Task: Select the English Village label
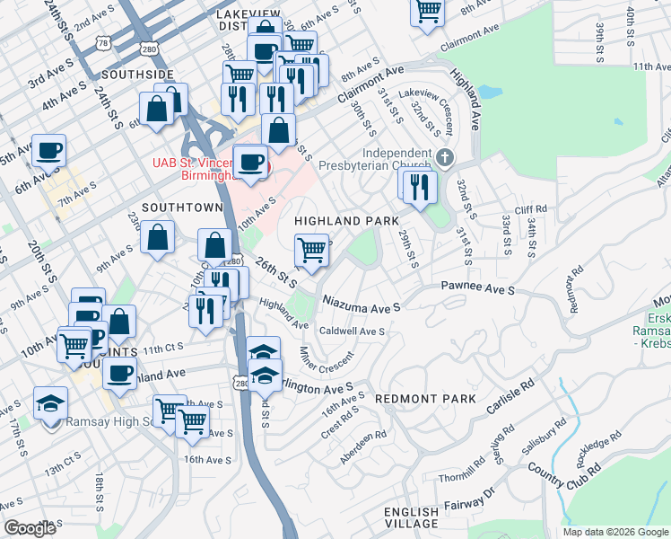pyautogui.click(x=412, y=517)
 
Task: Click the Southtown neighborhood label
pyautogui.click(x=181, y=207)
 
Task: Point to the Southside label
pyautogui.click(x=137, y=74)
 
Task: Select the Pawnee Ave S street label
pyautogui.click(x=477, y=290)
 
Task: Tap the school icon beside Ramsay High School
pyautogui.click(x=50, y=403)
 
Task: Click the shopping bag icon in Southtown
pyautogui.click(x=158, y=237)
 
